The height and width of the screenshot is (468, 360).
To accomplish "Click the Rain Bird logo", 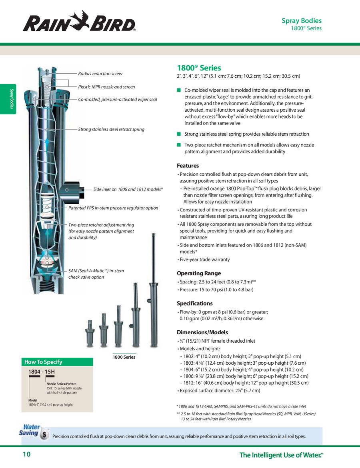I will coord(79,22).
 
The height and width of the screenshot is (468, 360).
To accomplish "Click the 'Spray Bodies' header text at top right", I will coord(301,21).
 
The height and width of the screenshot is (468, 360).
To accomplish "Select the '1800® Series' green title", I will coord(199,68).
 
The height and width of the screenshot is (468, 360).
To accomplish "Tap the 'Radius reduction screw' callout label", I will coord(100,74).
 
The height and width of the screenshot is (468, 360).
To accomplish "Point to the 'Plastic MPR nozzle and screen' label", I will coord(106,87).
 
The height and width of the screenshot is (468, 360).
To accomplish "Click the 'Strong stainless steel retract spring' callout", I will coord(111,129).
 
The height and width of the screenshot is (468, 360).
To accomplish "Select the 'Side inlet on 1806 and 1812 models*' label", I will coord(128,189).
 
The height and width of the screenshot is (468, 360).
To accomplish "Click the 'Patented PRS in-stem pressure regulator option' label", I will coord(113,208).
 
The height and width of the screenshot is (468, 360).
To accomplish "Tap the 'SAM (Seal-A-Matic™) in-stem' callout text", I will coord(96,271).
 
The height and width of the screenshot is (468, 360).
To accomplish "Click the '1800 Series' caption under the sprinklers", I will coord(124,357).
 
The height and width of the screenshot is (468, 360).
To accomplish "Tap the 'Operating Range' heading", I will coord(199,273).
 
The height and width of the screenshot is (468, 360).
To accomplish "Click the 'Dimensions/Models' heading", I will coord(202,332).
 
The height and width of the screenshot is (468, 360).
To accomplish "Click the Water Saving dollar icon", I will coord(44,435).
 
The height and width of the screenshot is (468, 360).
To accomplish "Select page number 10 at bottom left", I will coord(26,454).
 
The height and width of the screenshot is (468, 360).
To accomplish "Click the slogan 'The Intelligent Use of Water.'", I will coord(281,455).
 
